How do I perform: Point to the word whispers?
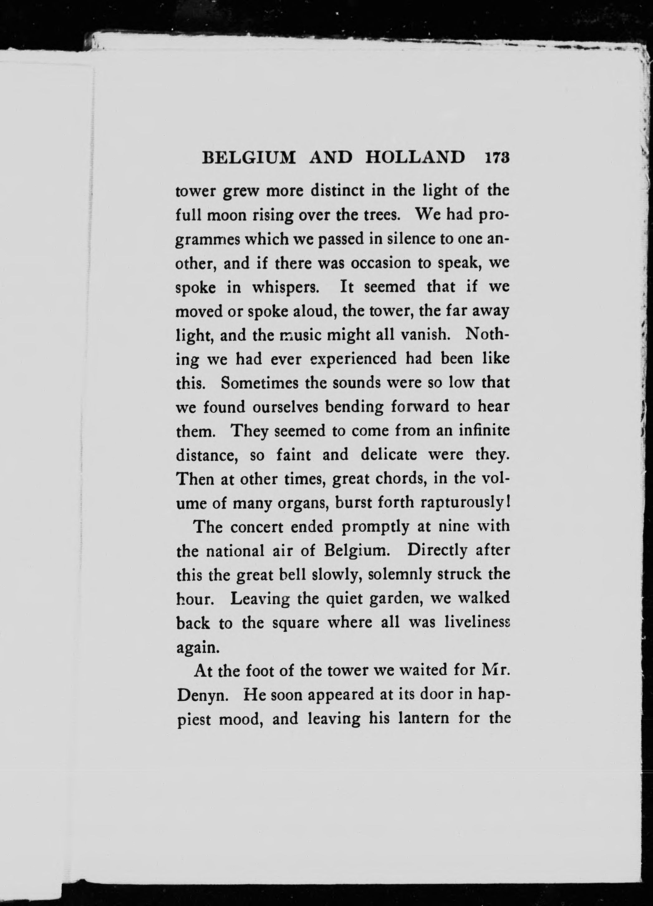[x=285, y=287]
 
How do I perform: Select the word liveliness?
[x=477, y=623]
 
